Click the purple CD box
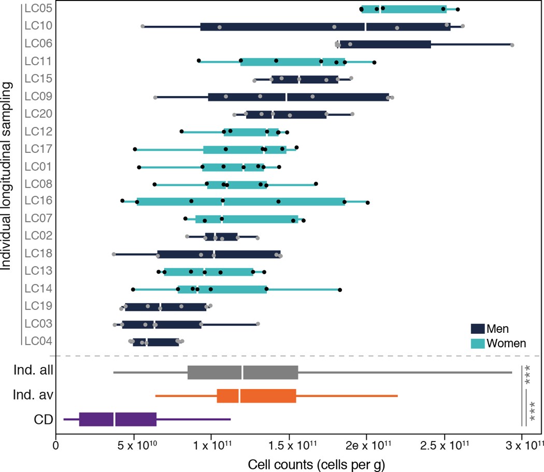(118, 419)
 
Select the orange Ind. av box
(256, 396)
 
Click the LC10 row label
(37, 26)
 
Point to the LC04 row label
(37, 342)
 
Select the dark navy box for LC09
(298, 97)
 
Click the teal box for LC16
(240, 202)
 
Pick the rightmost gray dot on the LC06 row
(512, 46)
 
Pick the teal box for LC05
(404, 9)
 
